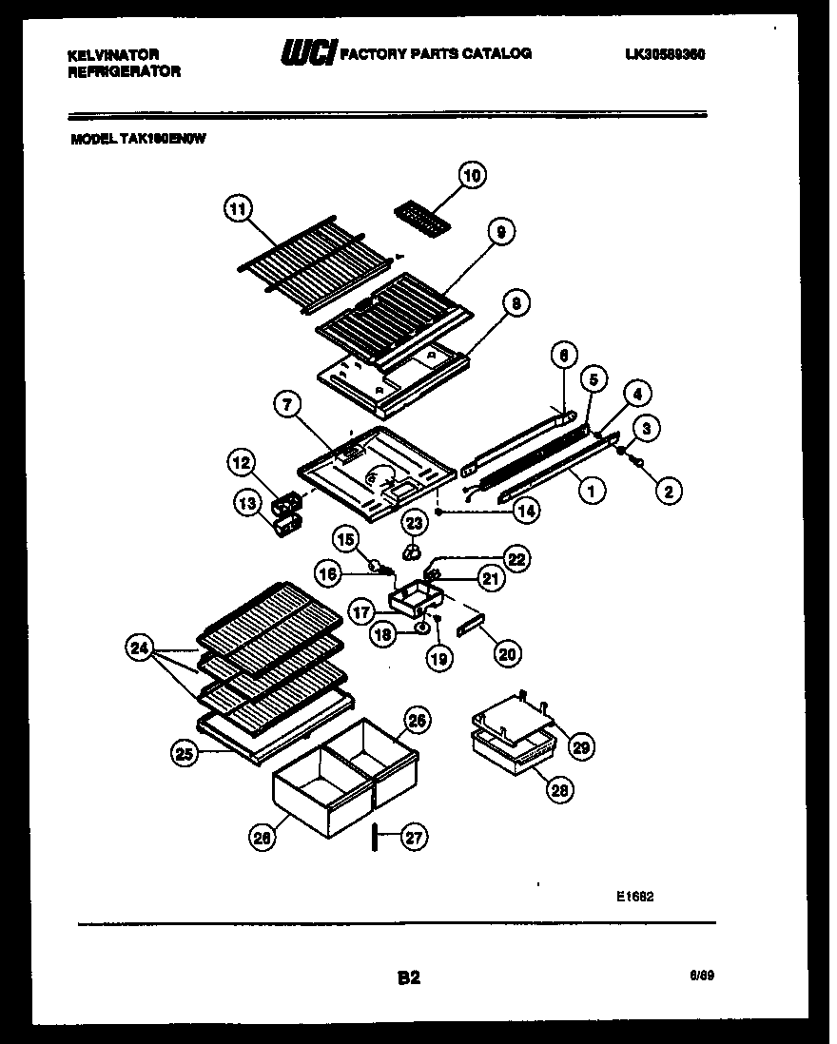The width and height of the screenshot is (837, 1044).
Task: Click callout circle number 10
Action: point(473,175)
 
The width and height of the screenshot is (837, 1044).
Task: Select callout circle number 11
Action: point(238,208)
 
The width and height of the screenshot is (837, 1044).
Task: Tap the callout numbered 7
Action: point(284,405)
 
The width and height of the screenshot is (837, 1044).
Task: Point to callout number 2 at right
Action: point(668,491)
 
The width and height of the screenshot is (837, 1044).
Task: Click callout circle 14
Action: point(525,510)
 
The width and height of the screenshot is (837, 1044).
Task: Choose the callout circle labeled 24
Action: point(139,649)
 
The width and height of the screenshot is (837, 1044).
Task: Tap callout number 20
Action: point(507,653)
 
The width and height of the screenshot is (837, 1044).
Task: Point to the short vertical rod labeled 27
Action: point(376,838)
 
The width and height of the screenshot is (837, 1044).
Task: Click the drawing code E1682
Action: point(634,897)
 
